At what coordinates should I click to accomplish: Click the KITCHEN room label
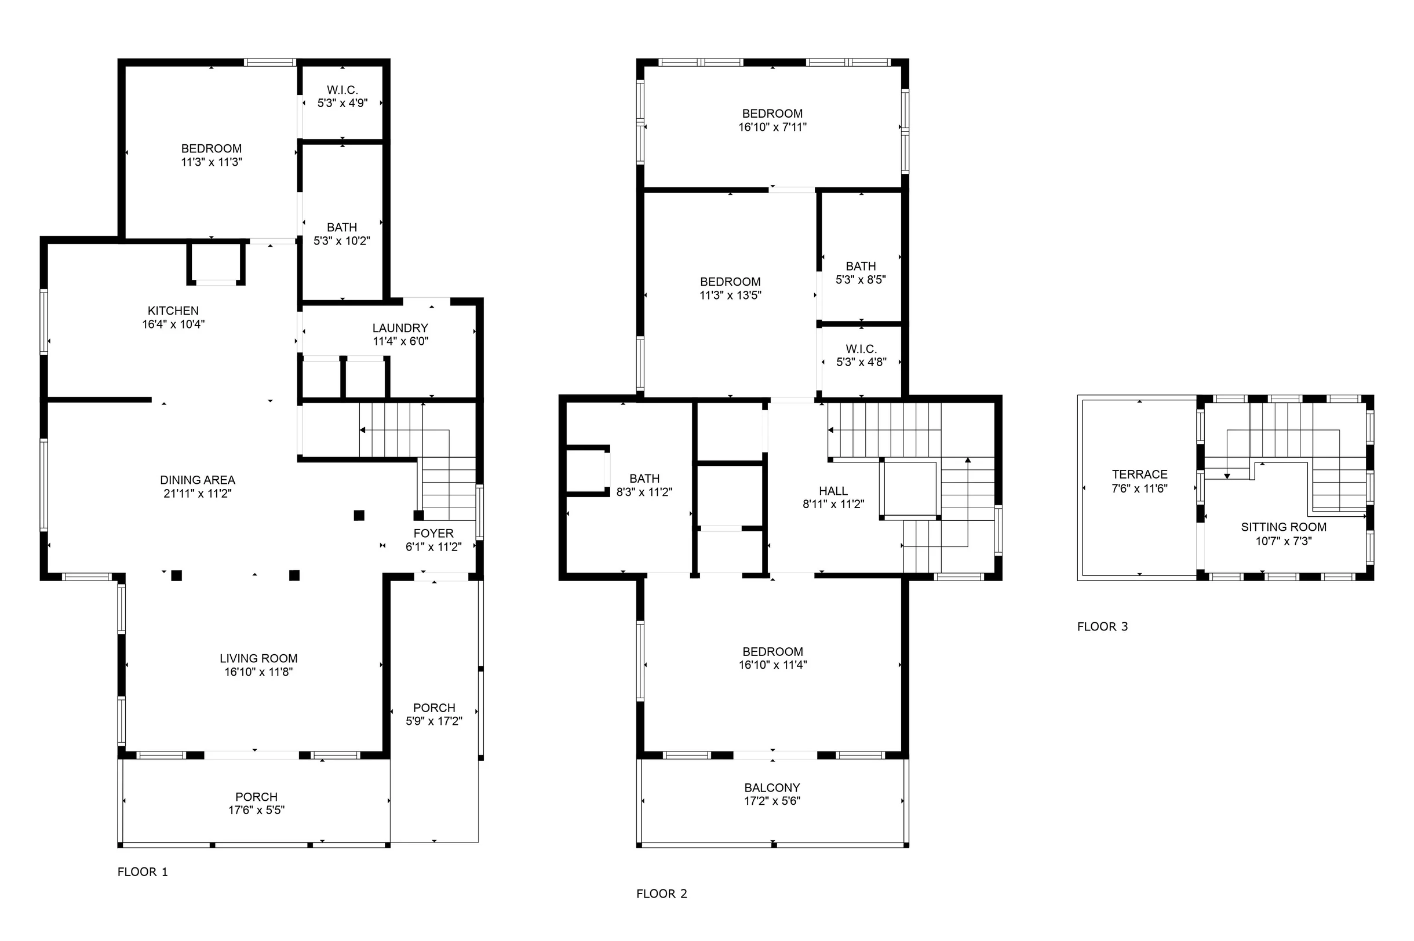tap(173, 311)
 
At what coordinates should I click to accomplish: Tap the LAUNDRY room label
tap(400, 329)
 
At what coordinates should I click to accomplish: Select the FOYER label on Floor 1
tap(433, 534)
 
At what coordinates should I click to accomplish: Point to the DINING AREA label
tap(198, 480)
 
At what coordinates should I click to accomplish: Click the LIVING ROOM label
tap(258, 658)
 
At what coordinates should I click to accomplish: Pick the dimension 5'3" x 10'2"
tap(341, 240)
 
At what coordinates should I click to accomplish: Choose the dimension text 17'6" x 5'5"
tap(256, 810)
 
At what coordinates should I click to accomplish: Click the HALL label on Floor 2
tap(833, 491)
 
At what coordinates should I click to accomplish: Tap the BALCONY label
tap(772, 788)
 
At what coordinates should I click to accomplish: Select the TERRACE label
tap(1140, 475)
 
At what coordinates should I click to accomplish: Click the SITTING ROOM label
tap(1284, 527)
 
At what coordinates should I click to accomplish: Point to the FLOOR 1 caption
tap(143, 872)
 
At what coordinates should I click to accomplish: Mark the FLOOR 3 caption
tap(1102, 626)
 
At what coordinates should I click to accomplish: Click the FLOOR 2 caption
tap(662, 893)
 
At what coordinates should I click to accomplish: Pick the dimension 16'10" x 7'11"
tap(772, 127)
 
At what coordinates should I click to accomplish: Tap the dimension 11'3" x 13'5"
tap(730, 296)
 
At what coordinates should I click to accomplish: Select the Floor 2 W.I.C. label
tap(861, 349)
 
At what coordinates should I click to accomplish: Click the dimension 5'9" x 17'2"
tap(434, 721)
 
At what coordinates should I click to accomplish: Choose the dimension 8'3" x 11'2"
tap(644, 492)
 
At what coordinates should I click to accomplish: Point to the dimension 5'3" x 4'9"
tap(342, 103)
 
